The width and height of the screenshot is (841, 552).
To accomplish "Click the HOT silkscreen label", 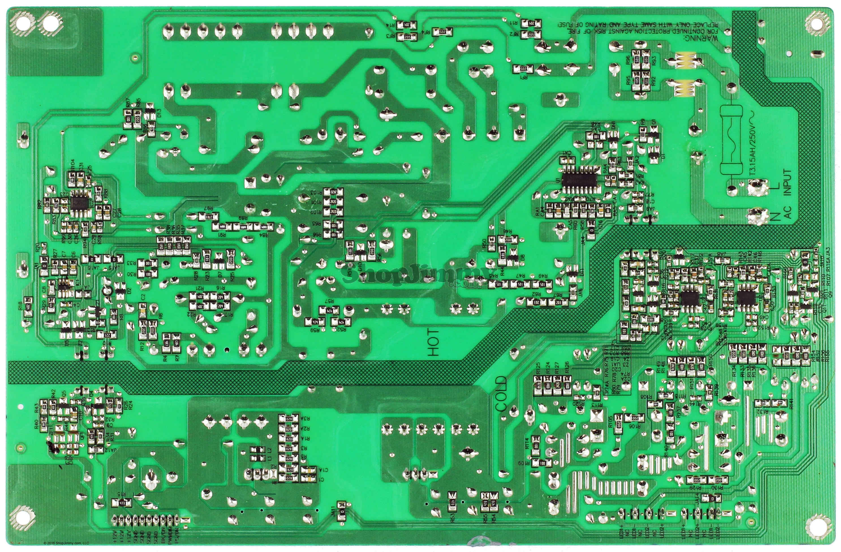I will tap(433, 342).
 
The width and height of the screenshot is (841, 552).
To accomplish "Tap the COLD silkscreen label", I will tap(501, 393).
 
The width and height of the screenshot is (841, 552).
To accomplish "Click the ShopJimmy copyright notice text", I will tap(66, 543).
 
